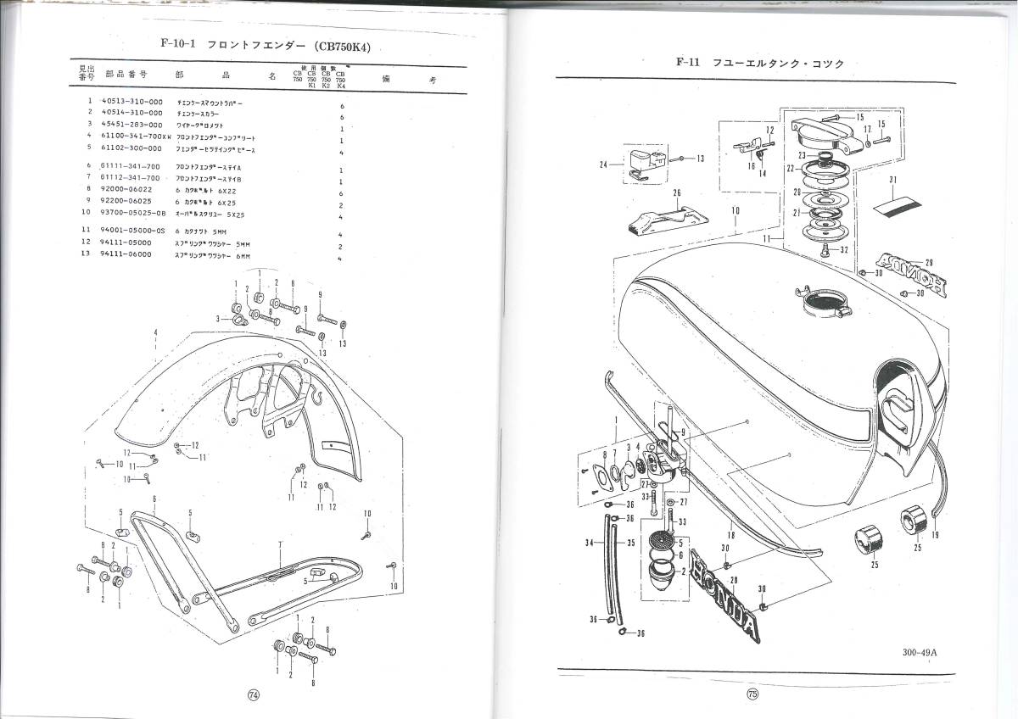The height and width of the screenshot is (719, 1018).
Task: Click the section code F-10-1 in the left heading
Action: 176,46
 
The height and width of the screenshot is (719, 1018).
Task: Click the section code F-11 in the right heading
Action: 688,62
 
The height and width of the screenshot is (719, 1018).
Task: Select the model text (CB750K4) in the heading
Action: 342,46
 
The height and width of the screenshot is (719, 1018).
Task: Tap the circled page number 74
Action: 253,694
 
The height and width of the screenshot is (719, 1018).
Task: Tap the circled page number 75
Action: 752,694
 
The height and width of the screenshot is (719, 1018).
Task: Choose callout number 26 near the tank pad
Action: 676,192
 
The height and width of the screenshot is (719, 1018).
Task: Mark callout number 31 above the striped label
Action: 892,180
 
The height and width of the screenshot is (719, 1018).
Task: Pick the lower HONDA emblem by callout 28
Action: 728,592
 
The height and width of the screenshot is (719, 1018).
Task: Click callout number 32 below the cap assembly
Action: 844,250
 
